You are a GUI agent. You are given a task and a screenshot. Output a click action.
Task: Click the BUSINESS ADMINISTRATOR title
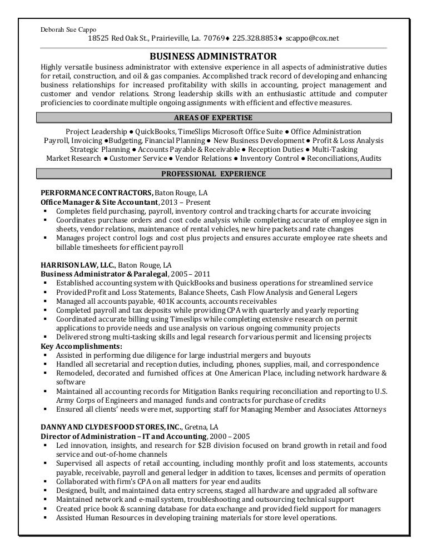coord(213,56)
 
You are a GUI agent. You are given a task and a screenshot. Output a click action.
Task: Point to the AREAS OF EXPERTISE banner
coord(213,117)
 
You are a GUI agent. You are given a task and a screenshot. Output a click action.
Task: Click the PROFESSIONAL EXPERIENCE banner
coord(213,174)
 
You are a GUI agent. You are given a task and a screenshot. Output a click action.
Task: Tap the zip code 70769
coord(214,38)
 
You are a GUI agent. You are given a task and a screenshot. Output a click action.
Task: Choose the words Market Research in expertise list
coord(73,158)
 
